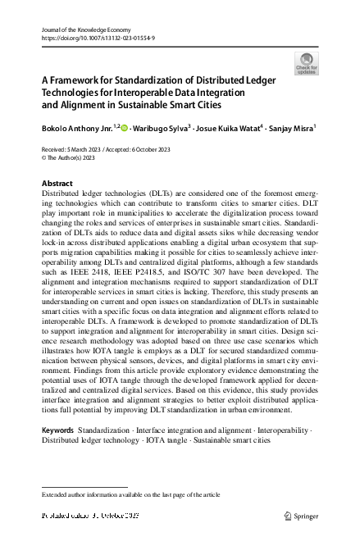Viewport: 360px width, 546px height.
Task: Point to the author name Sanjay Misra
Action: point(292,129)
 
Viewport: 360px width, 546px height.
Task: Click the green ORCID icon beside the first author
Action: point(127,128)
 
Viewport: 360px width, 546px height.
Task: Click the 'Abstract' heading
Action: point(57,184)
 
